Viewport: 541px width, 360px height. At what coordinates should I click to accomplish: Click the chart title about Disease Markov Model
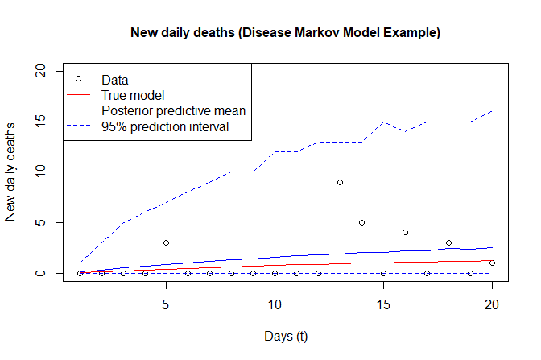[x=285, y=34]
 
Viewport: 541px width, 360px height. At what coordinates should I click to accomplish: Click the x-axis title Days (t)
[x=284, y=335]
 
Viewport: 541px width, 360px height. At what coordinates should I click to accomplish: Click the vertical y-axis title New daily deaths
[x=11, y=172]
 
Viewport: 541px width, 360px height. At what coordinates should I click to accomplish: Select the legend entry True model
[x=134, y=95]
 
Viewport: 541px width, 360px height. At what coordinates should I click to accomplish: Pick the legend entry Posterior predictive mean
[x=172, y=110]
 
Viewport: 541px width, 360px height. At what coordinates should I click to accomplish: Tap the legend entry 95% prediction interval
[x=165, y=126]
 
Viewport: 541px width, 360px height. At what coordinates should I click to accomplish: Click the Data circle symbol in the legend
[x=78, y=79]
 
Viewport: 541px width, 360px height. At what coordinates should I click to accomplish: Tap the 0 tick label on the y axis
[x=52, y=273]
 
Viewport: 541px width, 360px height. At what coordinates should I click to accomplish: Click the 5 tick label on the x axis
[x=165, y=305]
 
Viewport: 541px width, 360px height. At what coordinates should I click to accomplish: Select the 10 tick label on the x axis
[x=275, y=305]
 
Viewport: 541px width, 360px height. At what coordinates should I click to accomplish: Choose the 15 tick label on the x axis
[x=383, y=305]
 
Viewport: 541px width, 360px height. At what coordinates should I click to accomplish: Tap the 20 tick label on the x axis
[x=492, y=305]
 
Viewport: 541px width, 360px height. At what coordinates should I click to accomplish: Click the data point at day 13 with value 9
[x=340, y=182]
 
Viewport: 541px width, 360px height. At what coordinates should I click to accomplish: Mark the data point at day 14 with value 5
[x=361, y=222]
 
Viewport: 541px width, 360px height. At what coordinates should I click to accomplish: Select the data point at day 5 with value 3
[x=166, y=242]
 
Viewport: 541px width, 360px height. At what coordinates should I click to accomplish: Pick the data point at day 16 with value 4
[x=405, y=233]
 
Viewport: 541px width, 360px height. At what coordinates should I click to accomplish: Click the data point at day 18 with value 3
[x=448, y=242]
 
